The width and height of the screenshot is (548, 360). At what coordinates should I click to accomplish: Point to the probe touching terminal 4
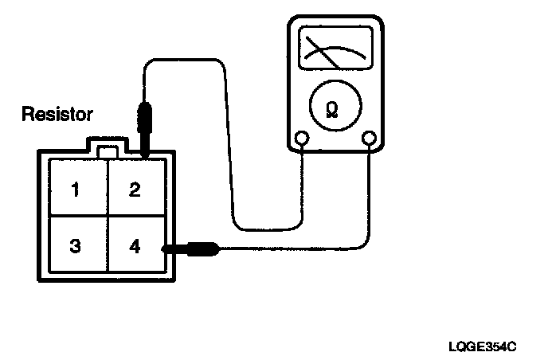point(191,249)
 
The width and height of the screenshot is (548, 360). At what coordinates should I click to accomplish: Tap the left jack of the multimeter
point(302,140)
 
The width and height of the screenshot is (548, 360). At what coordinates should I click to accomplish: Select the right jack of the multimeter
point(369,140)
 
